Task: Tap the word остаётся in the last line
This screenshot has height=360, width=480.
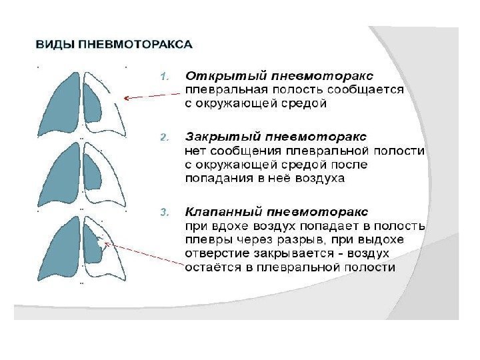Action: coord(209,267)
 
